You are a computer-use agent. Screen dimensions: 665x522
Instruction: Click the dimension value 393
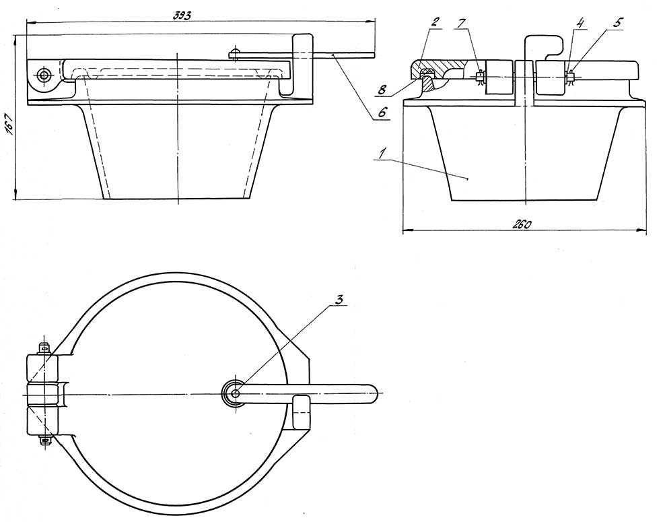(182, 15)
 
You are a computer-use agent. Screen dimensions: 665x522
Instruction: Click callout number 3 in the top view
(339, 300)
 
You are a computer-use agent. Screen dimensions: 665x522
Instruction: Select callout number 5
(617, 22)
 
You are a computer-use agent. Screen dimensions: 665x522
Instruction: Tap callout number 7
(460, 22)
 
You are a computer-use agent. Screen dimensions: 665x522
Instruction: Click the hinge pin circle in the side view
(43, 75)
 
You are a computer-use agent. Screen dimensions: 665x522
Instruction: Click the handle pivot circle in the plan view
(234, 393)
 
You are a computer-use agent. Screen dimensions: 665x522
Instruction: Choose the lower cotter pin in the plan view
(44, 441)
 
